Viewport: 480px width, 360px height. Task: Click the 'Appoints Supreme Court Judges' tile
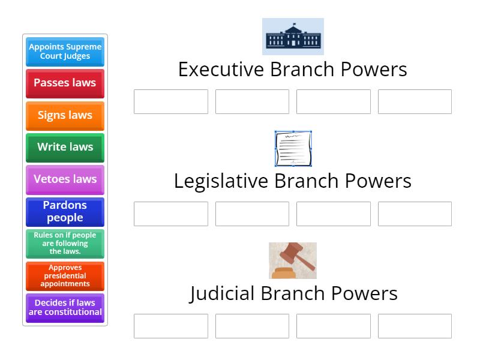coord(65,52)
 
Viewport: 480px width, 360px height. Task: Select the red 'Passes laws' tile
coord(65,83)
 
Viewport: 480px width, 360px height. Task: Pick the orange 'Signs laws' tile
coord(65,115)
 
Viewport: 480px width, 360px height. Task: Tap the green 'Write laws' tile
coord(65,148)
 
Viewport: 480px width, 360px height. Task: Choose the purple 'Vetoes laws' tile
coord(65,179)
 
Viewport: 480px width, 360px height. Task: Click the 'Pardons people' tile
coord(65,212)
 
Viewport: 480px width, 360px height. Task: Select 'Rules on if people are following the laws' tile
coord(65,244)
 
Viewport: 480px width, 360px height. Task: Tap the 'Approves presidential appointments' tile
coord(65,276)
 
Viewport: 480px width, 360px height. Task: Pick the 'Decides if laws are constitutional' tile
coord(65,308)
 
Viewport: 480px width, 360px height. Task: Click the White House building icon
coord(293,37)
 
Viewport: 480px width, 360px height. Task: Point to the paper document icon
coord(293,148)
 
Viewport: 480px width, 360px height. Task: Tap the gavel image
coord(293,260)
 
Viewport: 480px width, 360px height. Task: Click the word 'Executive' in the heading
coord(221,70)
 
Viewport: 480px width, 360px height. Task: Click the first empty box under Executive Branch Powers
coord(171,102)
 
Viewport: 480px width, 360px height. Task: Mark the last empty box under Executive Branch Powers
coord(415,102)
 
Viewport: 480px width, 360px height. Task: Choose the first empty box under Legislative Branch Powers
coord(171,214)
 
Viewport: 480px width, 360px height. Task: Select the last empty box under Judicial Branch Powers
coord(415,326)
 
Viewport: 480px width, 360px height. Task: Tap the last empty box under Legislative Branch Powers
coord(415,214)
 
